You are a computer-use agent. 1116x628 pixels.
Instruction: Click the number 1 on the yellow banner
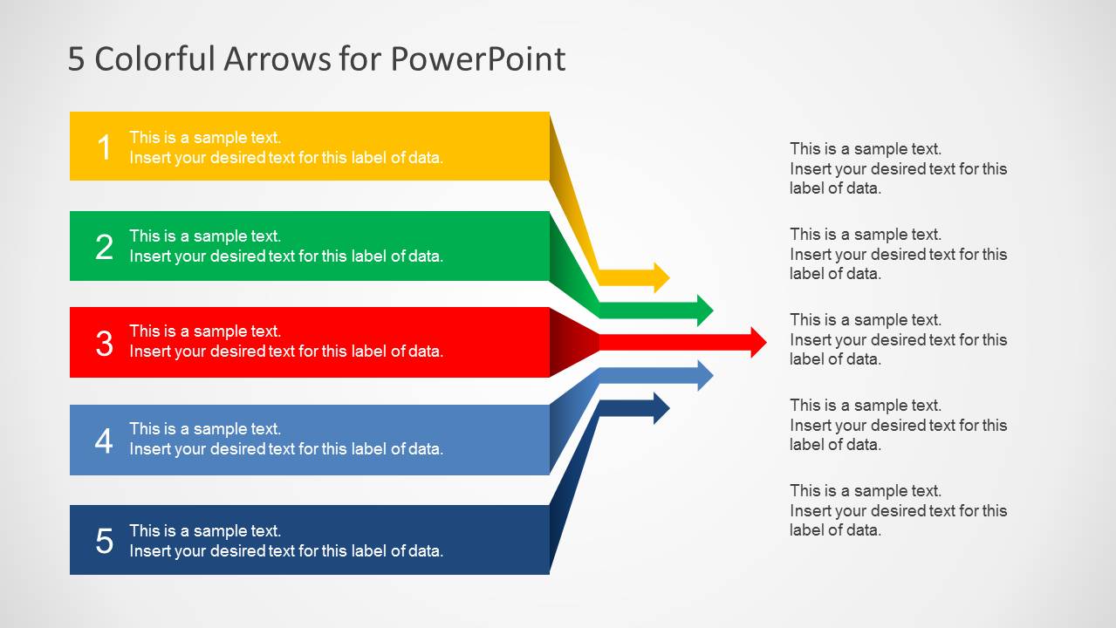coord(104,147)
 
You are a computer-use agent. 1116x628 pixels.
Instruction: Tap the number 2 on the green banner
coord(104,247)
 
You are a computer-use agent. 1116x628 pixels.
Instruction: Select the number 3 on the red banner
coord(104,343)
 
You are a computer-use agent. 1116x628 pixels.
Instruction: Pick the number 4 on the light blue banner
coord(104,440)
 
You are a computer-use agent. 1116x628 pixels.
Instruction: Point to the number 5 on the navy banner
coord(104,541)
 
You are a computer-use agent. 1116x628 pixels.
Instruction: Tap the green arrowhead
coord(705,310)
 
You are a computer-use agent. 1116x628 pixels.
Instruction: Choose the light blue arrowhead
coord(705,376)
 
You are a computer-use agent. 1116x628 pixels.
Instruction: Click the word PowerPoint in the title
coord(477,59)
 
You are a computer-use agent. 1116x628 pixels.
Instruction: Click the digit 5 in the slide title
coord(76,59)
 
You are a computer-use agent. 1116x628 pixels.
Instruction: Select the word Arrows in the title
coord(277,59)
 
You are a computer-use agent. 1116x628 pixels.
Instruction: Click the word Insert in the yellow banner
coord(149,158)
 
